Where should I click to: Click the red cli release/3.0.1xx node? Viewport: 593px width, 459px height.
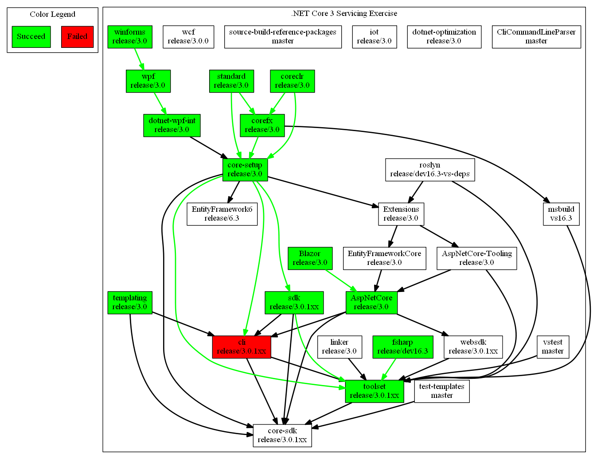coord(242,347)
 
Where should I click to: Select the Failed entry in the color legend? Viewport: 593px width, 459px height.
coord(77,37)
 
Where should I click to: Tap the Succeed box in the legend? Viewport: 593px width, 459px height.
coord(31,37)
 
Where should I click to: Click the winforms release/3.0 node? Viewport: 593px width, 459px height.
coord(130,37)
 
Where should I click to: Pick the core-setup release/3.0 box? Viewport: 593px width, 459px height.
coord(245,170)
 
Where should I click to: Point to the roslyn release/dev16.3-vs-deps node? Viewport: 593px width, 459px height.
coord(430,170)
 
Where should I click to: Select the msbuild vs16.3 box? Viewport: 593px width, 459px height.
coord(561,214)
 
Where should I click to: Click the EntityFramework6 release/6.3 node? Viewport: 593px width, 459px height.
coord(222,214)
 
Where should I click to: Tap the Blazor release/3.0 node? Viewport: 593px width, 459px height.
coord(310,258)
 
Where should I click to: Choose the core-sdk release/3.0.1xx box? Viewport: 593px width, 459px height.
coord(282,436)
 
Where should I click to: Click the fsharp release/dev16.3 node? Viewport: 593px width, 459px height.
coord(402,347)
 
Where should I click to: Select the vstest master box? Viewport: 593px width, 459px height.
coord(553,347)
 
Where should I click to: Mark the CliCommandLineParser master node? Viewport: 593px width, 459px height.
coord(536,37)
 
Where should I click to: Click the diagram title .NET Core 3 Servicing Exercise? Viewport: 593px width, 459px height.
coord(344,13)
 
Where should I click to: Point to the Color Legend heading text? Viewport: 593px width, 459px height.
coord(52,14)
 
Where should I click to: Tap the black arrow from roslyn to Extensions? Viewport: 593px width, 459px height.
coord(416,192)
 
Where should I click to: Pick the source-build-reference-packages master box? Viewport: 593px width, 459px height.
coord(283,37)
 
